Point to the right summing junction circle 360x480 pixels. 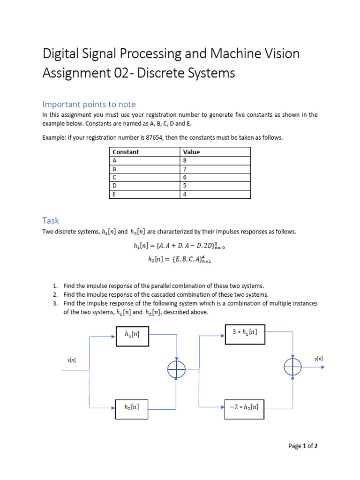coord(292,367)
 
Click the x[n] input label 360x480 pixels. coord(72,360)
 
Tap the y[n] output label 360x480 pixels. coord(318,359)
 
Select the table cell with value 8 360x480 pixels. coord(185,160)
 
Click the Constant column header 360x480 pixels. coord(126,152)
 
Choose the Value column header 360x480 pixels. coord(191,152)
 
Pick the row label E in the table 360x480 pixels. coord(114,194)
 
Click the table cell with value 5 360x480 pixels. coord(185,186)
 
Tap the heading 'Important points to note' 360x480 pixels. coord(89,104)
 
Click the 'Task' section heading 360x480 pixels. coord(51,220)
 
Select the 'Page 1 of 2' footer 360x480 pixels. coord(303,446)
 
